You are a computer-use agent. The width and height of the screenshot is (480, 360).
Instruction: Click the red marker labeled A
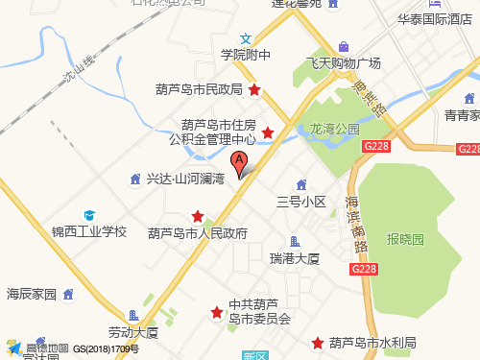[x=239, y=162]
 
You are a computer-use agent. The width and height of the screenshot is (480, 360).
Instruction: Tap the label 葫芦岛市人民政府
[x=198, y=233]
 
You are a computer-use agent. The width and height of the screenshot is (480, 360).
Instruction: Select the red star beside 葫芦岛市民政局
[x=254, y=90]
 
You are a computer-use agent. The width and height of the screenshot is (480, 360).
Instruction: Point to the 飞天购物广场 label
[x=344, y=62]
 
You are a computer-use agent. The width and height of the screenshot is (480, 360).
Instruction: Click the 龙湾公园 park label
[x=334, y=128]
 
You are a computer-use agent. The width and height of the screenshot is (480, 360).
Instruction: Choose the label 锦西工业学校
[x=88, y=231]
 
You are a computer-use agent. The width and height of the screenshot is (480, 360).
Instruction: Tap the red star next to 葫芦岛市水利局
[x=317, y=343]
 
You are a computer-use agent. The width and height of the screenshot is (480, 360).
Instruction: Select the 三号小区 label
[x=301, y=202]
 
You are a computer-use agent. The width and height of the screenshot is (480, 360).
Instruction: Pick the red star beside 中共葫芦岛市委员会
[x=217, y=313]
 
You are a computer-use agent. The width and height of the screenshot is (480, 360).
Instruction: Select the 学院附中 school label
[x=246, y=55]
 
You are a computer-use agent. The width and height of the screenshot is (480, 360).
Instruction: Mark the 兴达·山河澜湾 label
[x=184, y=179]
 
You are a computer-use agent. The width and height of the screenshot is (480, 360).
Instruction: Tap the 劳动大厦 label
[x=132, y=332]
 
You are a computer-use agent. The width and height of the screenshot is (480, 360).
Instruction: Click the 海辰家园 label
[x=33, y=293]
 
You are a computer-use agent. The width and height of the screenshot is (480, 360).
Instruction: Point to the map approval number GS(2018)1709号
[x=107, y=349]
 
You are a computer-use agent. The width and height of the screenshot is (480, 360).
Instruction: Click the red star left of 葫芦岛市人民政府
[x=198, y=216]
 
